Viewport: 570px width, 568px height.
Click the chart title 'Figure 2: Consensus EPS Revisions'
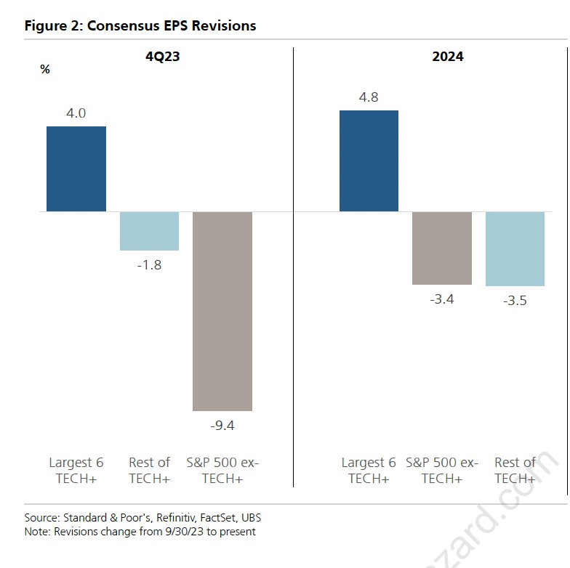(140, 25)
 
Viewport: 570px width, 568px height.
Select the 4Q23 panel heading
(162, 56)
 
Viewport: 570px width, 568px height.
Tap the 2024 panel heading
(447, 56)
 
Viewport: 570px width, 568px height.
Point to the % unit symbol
(45, 70)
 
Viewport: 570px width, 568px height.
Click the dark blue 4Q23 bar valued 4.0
(76, 169)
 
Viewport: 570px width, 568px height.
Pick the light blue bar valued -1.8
(149, 231)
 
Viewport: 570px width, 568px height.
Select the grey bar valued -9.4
(222, 311)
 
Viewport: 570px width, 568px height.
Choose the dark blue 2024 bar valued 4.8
(369, 161)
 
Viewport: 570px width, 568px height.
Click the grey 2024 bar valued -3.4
(441, 248)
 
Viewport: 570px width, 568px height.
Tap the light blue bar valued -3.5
(515, 248)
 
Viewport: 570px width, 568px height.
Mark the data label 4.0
(76, 113)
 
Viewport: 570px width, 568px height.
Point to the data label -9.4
(222, 426)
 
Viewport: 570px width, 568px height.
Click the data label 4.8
(369, 97)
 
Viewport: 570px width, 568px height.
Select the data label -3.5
(515, 300)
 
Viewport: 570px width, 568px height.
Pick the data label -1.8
(149, 265)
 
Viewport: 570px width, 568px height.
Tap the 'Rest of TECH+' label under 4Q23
(149, 470)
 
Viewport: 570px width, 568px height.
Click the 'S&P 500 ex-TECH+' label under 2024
(441, 470)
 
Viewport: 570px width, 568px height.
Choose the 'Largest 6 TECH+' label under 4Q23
(76, 470)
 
